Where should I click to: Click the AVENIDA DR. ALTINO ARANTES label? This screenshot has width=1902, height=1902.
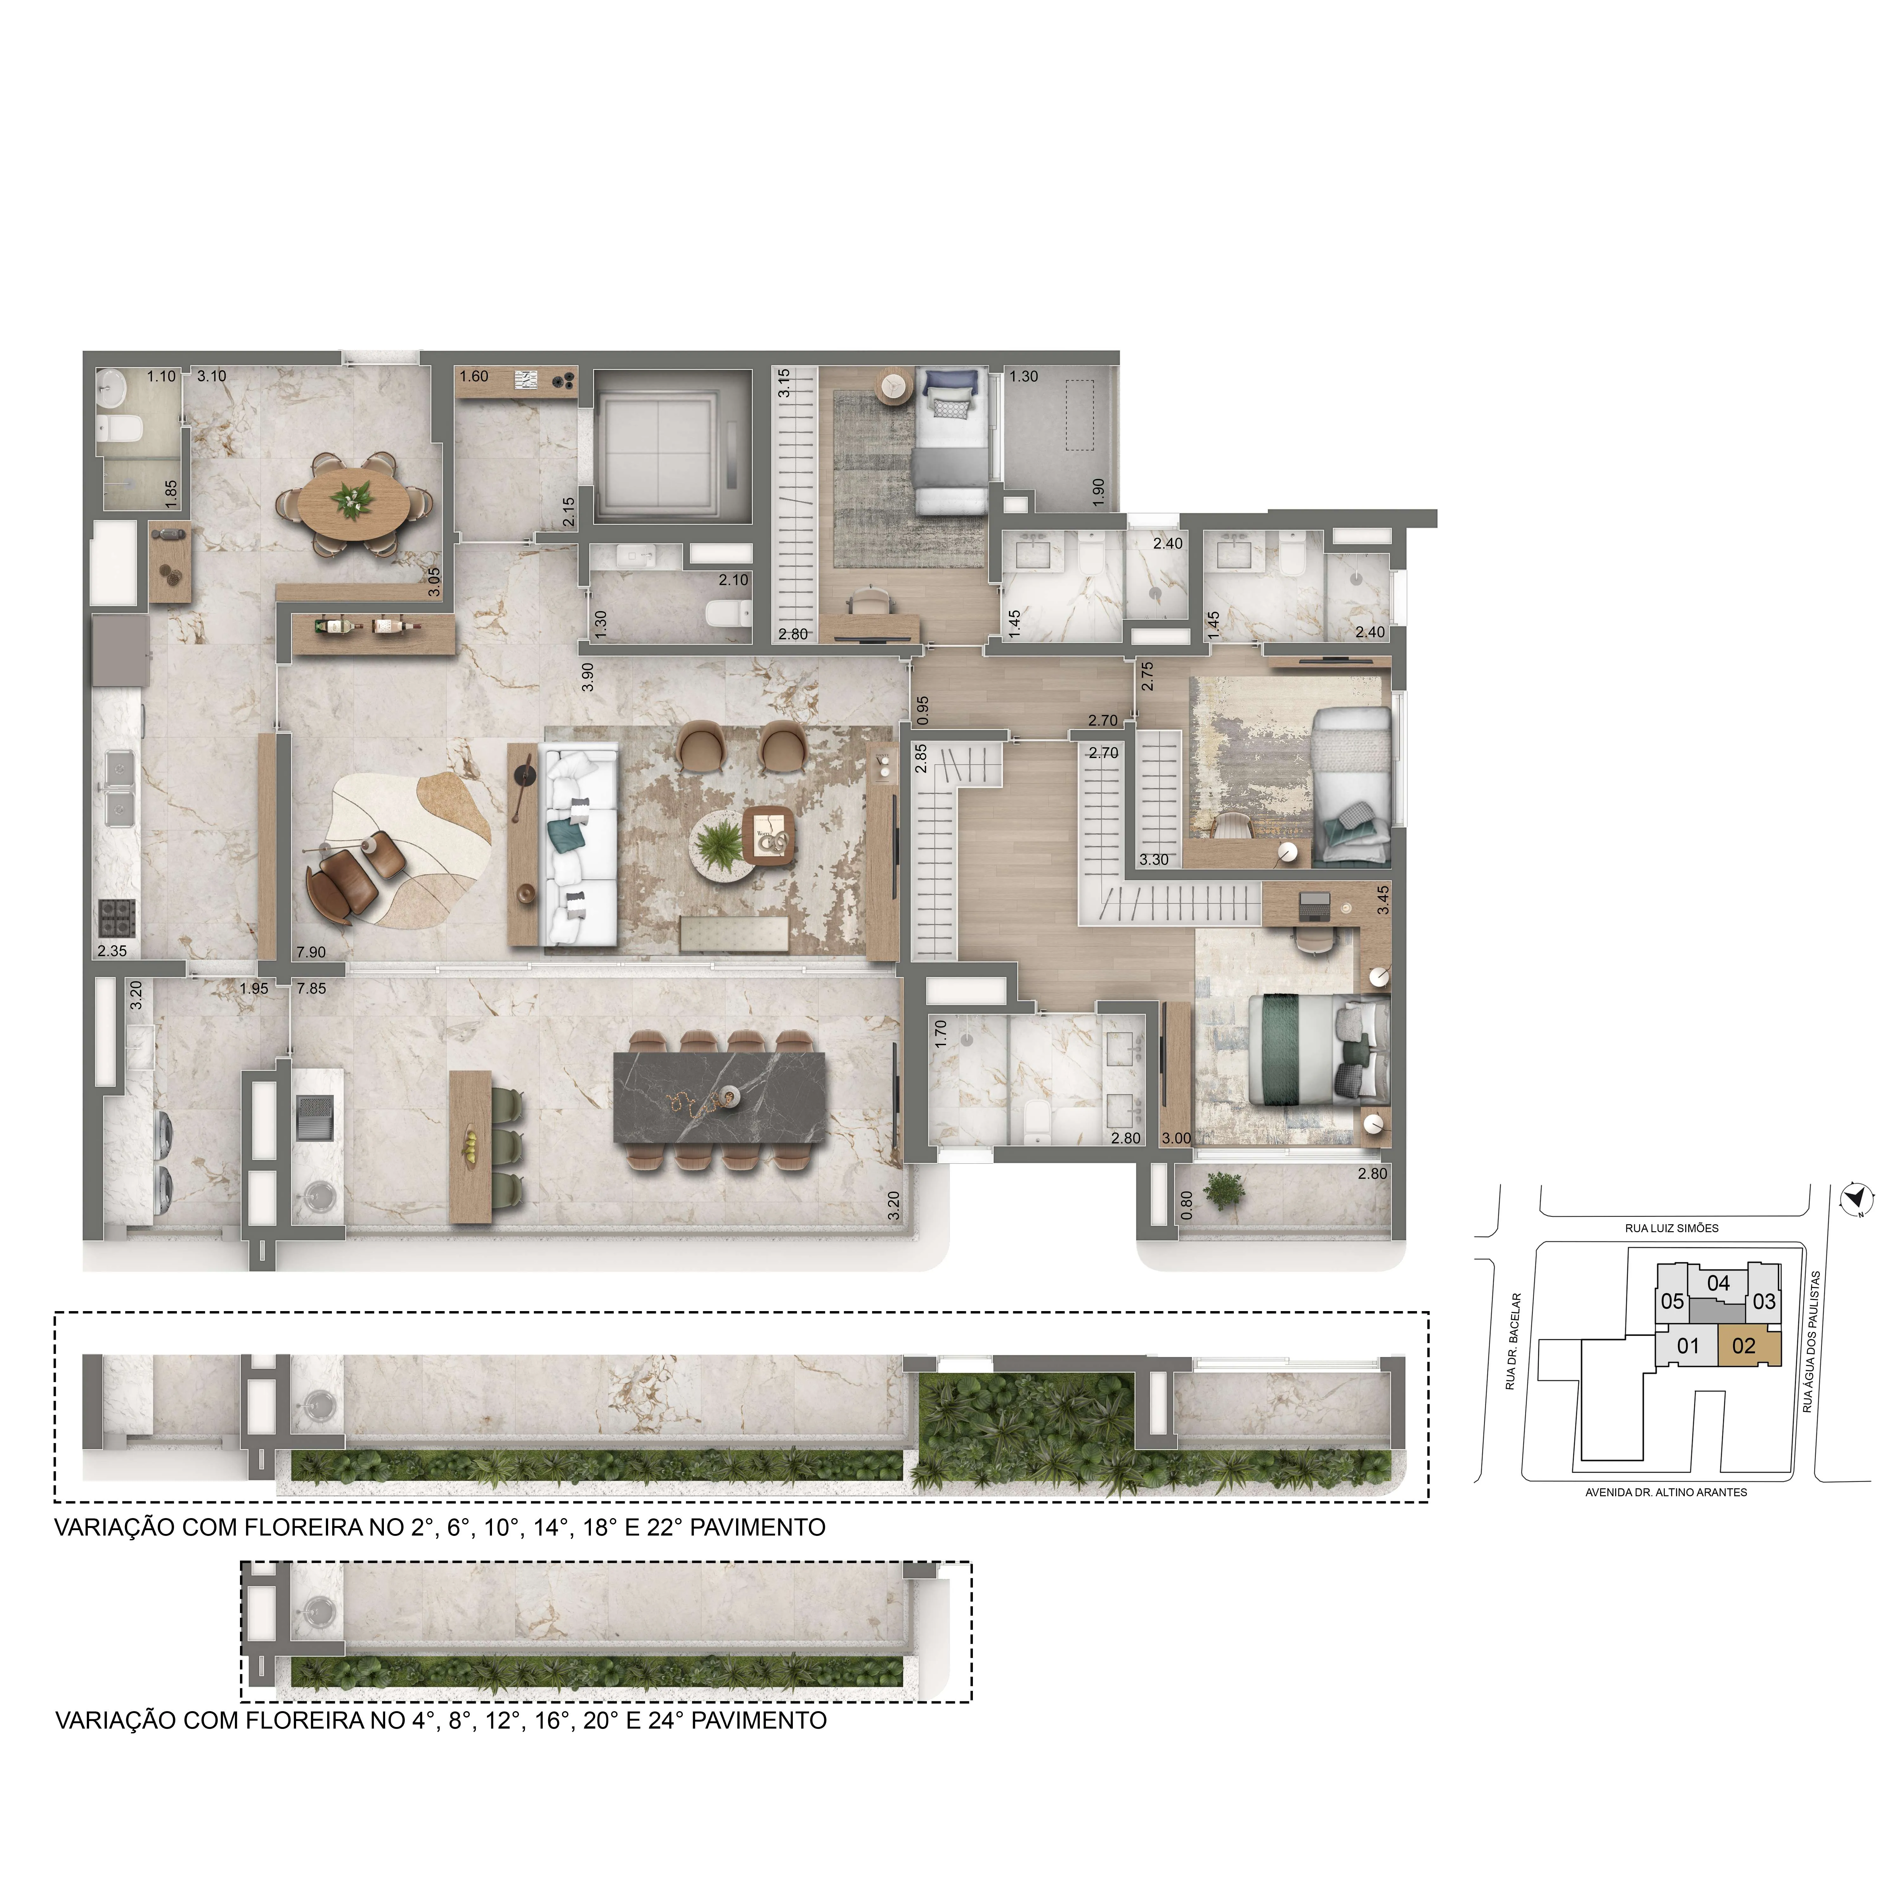pyautogui.click(x=1666, y=1492)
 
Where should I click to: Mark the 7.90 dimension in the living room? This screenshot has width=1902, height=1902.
pyautogui.click(x=311, y=952)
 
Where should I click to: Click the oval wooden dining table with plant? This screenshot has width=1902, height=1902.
pyautogui.click(x=353, y=504)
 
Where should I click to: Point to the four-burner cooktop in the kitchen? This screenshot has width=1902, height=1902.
pyautogui.click(x=116, y=919)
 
